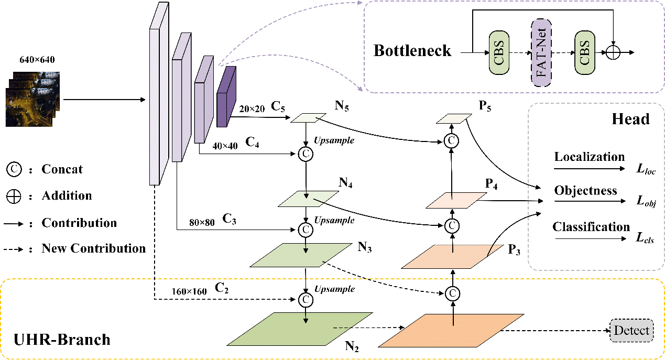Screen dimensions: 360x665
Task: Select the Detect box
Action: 632,331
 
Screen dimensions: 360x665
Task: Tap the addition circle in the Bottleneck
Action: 613,52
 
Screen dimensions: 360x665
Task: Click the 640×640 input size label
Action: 37,59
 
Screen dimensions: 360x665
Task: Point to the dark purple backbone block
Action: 227,97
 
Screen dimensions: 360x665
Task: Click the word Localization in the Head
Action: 590,157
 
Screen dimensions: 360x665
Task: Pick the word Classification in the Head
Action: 591,227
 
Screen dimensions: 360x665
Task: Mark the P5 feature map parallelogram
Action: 451,119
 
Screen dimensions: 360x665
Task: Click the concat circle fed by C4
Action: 305,154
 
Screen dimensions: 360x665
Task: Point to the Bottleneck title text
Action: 412,51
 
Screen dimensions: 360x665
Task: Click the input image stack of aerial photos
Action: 32,100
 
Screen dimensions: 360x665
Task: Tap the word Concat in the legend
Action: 62,169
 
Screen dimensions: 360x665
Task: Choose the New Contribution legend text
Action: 93,248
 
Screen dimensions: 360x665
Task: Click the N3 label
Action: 365,247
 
